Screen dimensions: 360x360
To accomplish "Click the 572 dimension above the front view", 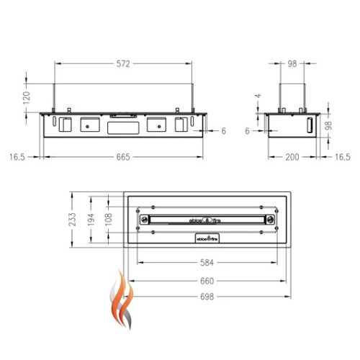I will click(123, 64).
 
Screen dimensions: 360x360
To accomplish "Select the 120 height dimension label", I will click(27, 98).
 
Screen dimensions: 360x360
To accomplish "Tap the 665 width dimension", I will click(123, 158).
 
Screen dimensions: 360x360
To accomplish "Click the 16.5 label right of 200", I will click(343, 158).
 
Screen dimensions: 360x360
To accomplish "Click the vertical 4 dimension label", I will click(256, 96).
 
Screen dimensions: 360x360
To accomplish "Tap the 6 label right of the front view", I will click(224, 132).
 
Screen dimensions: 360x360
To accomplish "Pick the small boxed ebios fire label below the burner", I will click(206, 236).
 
